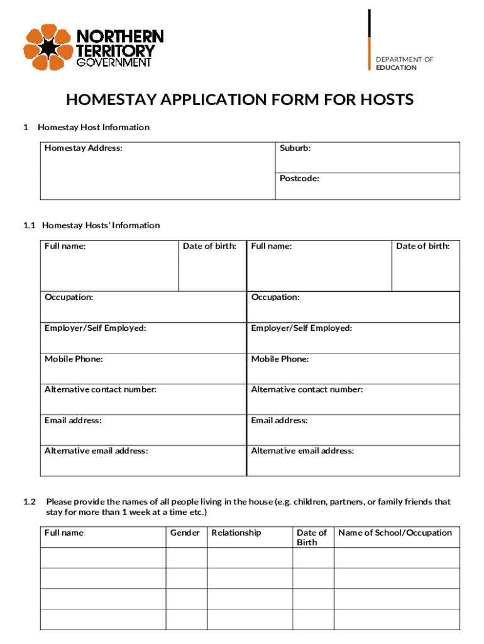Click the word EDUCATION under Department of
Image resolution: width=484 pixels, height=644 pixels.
click(396, 68)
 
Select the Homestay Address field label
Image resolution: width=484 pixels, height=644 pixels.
click(84, 148)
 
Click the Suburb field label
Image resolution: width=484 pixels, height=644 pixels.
click(295, 148)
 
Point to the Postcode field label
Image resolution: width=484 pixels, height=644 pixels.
click(299, 179)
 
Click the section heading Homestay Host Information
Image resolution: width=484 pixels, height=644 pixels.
click(94, 127)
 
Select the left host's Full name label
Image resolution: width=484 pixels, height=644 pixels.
click(65, 247)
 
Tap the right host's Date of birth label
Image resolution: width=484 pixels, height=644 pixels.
click(422, 247)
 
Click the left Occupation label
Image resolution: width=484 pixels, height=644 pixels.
click(69, 297)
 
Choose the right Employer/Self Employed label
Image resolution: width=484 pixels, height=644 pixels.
click(302, 328)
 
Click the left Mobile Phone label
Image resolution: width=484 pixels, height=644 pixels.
click(74, 359)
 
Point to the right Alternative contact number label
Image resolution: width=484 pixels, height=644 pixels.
click(307, 390)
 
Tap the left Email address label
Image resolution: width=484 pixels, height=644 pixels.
click(73, 421)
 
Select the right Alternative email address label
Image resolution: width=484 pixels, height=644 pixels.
click(302, 451)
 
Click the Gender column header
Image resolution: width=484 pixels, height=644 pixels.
click(185, 533)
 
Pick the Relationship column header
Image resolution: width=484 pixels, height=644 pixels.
click(236, 533)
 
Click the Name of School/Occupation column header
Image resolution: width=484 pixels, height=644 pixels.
click(395, 533)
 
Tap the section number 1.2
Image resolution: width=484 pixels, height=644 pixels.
click(30, 502)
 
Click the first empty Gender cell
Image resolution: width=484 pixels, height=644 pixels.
click(186, 558)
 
